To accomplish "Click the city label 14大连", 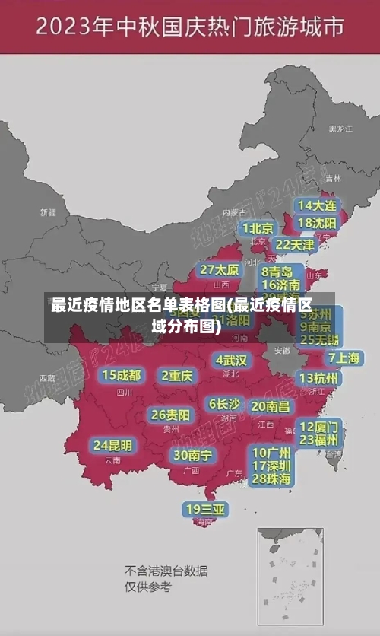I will tap(318, 205).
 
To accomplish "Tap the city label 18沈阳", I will tap(318, 223).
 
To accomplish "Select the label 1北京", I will tap(258, 227).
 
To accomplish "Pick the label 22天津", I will tap(295, 245).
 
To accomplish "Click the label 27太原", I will tap(220, 269).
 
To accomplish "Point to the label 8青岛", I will tap(277, 272).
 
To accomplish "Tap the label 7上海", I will tap(344, 358).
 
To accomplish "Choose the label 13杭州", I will tap(320, 378).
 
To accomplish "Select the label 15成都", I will tap(122, 375).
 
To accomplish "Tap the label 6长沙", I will tap(224, 404).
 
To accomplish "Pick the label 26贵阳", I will tap(171, 415).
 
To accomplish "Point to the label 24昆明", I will tap(112, 444).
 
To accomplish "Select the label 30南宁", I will tap(192, 455).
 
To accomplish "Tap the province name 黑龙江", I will tap(340, 129).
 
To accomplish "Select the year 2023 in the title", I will tap(73, 28).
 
